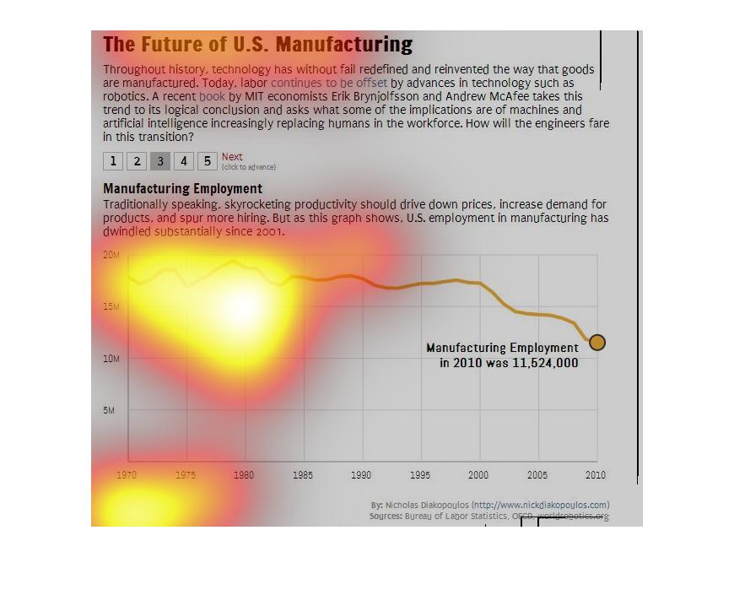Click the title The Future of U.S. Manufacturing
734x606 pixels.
click(x=257, y=45)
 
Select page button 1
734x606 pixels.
click(x=113, y=160)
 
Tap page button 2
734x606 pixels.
click(x=137, y=160)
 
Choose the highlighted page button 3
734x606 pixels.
click(x=160, y=160)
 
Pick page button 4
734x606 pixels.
click(x=184, y=160)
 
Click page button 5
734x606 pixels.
click(x=207, y=160)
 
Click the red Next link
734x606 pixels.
click(x=232, y=157)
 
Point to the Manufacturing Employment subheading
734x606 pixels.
click(x=182, y=189)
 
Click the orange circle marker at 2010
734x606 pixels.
click(x=596, y=342)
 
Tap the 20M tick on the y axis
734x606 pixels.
click(x=111, y=255)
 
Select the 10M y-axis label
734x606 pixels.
click(x=111, y=359)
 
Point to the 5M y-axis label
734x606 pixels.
click(x=110, y=411)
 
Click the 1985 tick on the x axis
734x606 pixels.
click(x=303, y=475)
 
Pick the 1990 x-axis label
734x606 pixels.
click(x=361, y=475)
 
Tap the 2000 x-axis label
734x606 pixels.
click(x=478, y=475)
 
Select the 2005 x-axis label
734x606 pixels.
click(x=537, y=475)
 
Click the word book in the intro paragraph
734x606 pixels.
click(x=212, y=97)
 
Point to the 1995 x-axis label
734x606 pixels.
click(x=420, y=475)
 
